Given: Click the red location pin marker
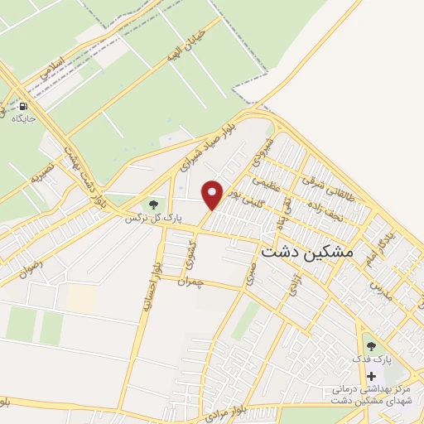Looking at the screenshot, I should tap(213, 195).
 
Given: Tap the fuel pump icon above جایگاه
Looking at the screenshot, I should tap(23, 107).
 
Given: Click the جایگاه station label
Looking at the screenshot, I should tap(23, 120).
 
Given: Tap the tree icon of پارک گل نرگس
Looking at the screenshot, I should tap(152, 205).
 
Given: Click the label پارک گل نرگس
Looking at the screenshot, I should tap(152, 218).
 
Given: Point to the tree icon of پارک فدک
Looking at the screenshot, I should tap(370, 346).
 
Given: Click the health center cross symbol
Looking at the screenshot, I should tap(370, 376).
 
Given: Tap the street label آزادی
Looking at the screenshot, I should tap(294, 287).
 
